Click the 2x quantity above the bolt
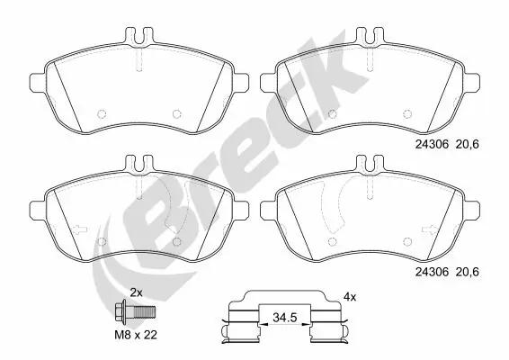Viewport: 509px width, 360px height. pos(137,293)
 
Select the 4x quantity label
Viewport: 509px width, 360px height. pos(349,296)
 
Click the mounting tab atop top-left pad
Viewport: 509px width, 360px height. pos(139,40)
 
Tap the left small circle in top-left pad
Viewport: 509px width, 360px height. pos(101,114)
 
